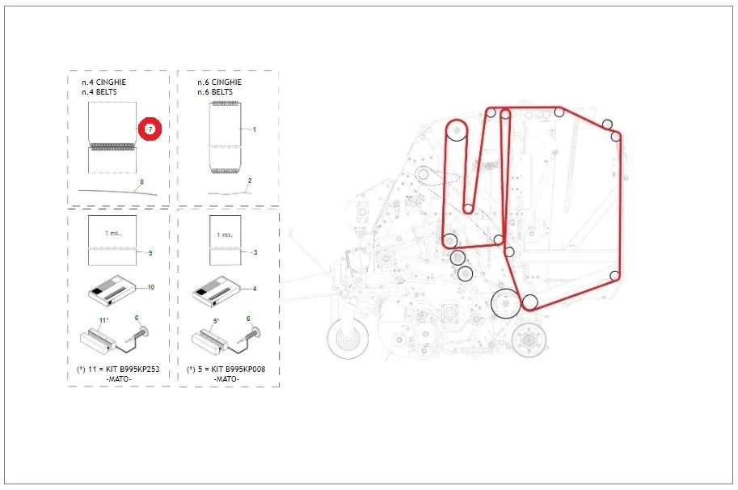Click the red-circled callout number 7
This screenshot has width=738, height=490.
pyautogui.click(x=150, y=129)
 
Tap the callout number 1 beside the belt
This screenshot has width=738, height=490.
pyautogui.click(x=254, y=129)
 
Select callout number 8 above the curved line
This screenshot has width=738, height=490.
pyautogui.click(x=141, y=182)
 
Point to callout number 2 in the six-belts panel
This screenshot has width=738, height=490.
pyautogui.click(x=250, y=180)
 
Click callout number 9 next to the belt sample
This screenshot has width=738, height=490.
pyautogui.click(x=150, y=253)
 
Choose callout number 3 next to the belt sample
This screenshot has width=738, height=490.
pyautogui.click(x=255, y=252)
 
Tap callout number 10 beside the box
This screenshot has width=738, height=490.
pyautogui.click(x=150, y=287)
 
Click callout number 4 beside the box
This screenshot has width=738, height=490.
pyautogui.click(x=255, y=289)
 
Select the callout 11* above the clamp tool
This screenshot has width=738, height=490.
pyautogui.click(x=103, y=320)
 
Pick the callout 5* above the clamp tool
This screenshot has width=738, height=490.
pyautogui.click(x=216, y=321)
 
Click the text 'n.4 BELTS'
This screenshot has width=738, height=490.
pyautogui.click(x=99, y=92)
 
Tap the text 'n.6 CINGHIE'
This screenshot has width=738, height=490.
pyautogui.click(x=219, y=82)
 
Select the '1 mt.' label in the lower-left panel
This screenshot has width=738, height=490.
pyautogui.click(x=112, y=233)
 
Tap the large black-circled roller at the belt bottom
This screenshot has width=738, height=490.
pyautogui.click(x=506, y=304)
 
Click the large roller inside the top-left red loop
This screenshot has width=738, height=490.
pyautogui.click(x=457, y=130)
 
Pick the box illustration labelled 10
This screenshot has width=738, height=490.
pyautogui.click(x=112, y=290)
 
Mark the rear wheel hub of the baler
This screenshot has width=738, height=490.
pyautogui.click(x=529, y=339)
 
